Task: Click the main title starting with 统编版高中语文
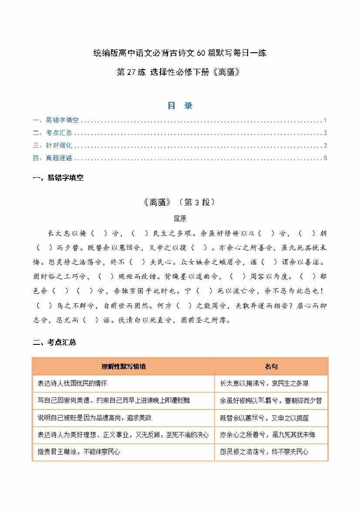[x=180, y=54]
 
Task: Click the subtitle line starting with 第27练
[x=180, y=72]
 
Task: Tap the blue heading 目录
[x=180, y=105]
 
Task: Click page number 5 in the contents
[x=325, y=158]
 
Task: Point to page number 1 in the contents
[x=325, y=121]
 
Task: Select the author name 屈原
[x=179, y=219]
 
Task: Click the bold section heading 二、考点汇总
[x=54, y=343]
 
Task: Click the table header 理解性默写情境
[x=123, y=367]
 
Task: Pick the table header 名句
[x=271, y=367]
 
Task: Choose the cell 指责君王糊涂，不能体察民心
[x=79, y=452]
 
